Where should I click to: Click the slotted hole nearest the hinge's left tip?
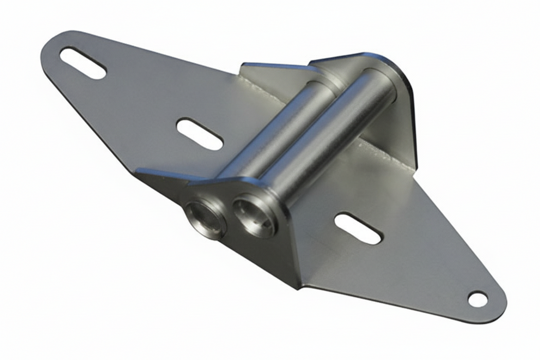83,63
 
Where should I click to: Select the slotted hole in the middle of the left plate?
200,134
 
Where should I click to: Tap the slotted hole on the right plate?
358,228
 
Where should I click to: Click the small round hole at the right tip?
477,299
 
